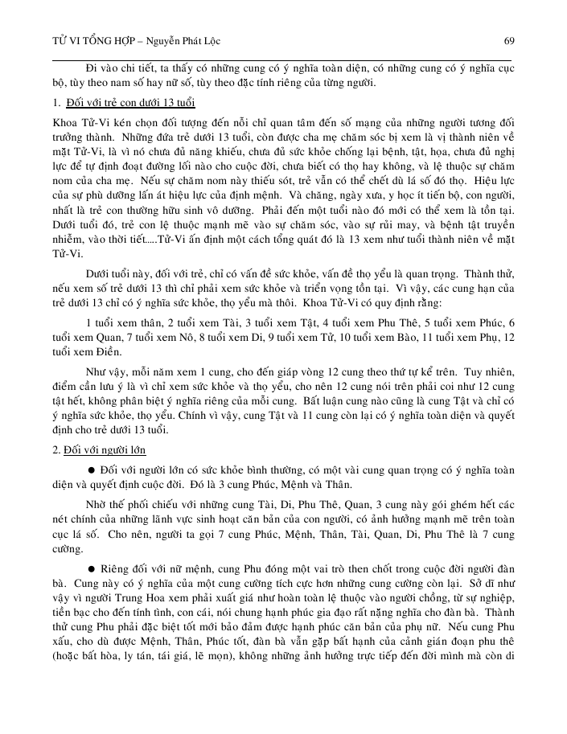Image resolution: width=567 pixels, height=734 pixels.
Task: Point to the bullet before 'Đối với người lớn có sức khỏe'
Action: coord(92,468)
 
